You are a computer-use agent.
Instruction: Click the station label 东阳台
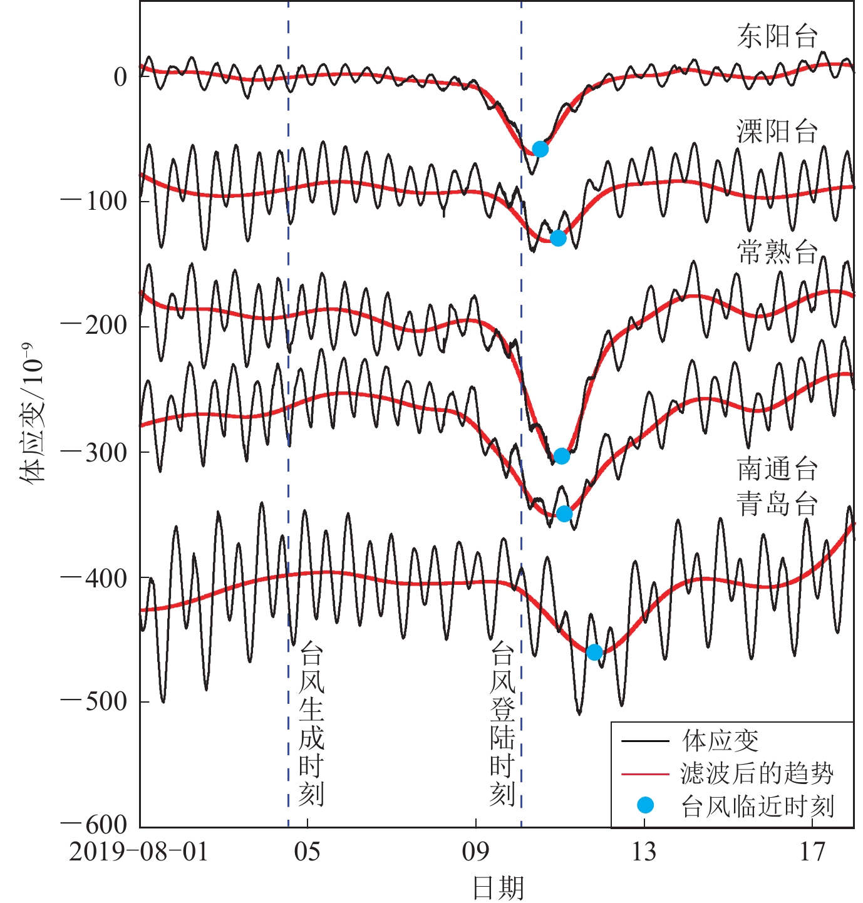click(x=777, y=37)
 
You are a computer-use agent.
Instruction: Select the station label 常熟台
click(x=777, y=252)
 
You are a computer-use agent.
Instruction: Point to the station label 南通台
click(x=777, y=469)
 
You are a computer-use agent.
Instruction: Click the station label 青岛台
click(x=777, y=503)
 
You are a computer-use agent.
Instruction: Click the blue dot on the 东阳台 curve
click(x=540, y=149)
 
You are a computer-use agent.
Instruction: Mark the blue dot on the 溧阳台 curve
click(x=558, y=238)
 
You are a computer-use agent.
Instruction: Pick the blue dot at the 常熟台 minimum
click(x=562, y=456)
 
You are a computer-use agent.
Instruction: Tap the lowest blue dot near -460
click(x=594, y=653)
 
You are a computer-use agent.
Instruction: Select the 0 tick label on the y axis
click(x=120, y=77)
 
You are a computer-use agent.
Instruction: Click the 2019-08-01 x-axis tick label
click(x=138, y=852)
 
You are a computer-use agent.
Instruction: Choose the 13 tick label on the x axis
click(x=644, y=852)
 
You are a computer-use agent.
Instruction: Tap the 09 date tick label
click(x=475, y=852)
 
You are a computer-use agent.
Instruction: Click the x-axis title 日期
click(x=498, y=888)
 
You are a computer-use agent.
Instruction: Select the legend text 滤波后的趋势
click(x=757, y=774)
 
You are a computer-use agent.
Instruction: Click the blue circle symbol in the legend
click(x=645, y=806)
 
